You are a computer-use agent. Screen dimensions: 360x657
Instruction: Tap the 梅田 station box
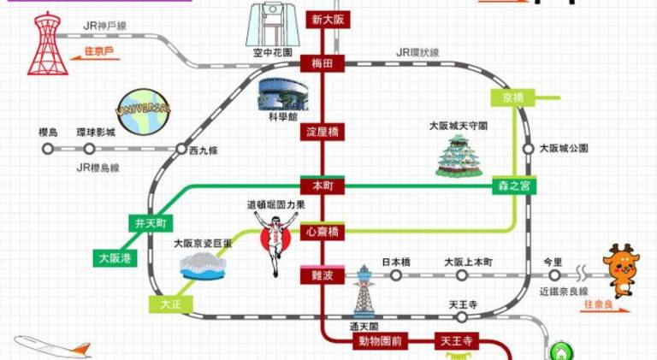click(322, 62)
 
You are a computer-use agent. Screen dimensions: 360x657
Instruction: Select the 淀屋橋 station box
click(323, 133)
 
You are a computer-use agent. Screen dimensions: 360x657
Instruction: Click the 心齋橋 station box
click(323, 232)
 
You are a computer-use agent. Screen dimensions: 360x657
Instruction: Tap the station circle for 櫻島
click(48, 148)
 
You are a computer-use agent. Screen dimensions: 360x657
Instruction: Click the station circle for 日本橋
click(396, 275)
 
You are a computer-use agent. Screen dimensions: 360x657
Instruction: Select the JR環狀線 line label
click(418, 53)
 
